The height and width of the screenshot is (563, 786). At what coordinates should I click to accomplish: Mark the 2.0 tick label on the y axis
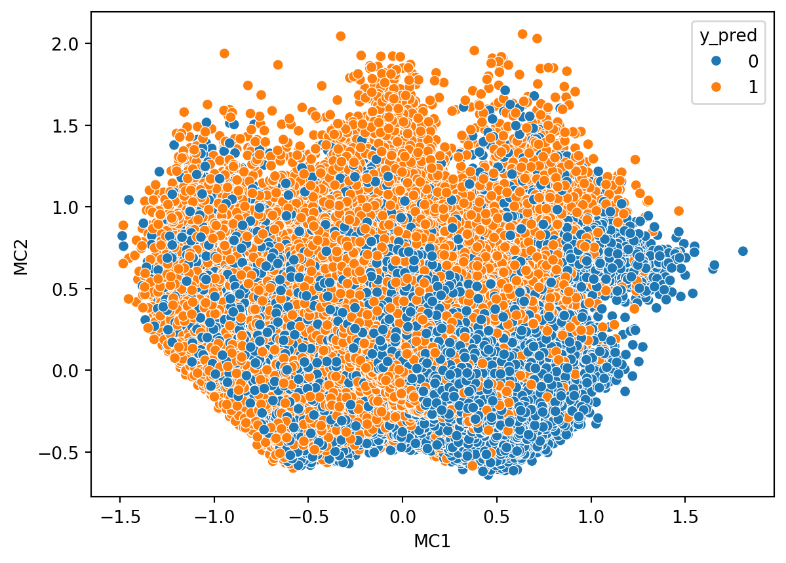pyautogui.click(x=69, y=44)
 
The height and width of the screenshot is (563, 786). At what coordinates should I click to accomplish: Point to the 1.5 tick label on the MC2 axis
pyautogui.click(x=69, y=125)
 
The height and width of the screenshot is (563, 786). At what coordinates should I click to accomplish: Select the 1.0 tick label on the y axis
pyautogui.click(x=69, y=207)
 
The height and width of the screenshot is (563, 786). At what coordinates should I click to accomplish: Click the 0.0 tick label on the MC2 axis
pyautogui.click(x=69, y=371)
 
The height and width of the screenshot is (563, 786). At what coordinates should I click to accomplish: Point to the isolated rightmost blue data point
pyautogui.click(x=743, y=251)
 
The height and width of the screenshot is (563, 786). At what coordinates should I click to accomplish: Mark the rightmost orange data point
pyautogui.click(x=678, y=211)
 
